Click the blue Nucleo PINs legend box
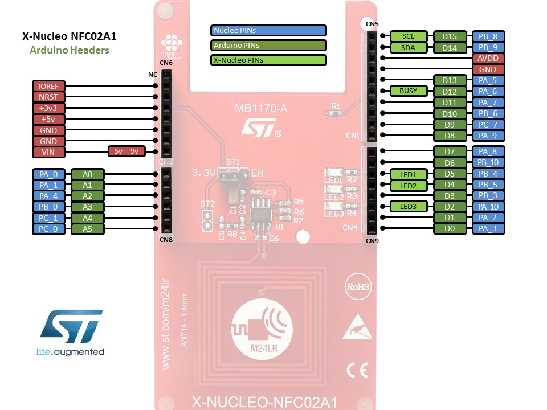coord(268,30)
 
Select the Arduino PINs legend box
coord(268,45)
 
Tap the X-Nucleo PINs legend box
coord(268,60)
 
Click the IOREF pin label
coord(48,86)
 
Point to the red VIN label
coord(48,152)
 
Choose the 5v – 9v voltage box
coord(126,151)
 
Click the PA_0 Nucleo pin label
coord(48,174)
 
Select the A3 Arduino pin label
coord(87,207)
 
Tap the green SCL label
coord(408,36)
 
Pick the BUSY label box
coord(408,91)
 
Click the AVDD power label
coord(488,58)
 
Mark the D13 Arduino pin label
coord(450,80)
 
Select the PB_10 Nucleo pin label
coord(488,163)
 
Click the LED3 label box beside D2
coord(408,207)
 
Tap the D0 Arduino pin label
coord(450,229)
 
